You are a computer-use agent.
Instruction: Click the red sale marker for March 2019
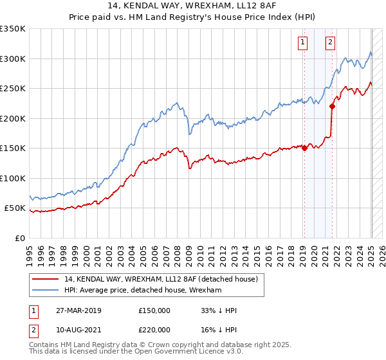[304, 148]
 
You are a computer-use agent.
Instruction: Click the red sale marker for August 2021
[332, 107]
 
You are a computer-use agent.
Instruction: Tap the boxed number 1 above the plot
[302, 43]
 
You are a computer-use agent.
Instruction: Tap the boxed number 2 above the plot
[330, 43]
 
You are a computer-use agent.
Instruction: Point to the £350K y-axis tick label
[13, 30]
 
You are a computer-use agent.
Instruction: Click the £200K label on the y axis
[13, 119]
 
